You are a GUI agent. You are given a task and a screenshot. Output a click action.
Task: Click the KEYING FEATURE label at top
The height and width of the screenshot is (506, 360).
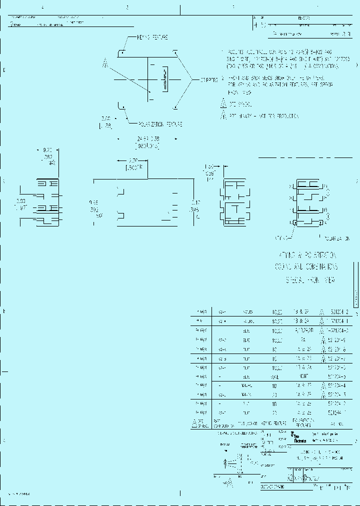click(x=152, y=37)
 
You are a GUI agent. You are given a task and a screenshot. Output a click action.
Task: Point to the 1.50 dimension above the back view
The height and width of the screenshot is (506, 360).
click(x=209, y=166)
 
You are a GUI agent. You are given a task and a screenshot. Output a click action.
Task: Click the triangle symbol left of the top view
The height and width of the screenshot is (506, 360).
click(x=105, y=63)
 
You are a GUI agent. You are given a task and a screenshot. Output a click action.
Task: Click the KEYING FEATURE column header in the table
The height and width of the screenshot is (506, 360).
click(x=273, y=423)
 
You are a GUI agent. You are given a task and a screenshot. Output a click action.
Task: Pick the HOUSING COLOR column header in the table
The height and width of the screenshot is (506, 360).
click(x=248, y=423)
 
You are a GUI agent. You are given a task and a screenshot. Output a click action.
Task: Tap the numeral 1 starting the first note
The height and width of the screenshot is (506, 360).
click(x=223, y=52)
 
